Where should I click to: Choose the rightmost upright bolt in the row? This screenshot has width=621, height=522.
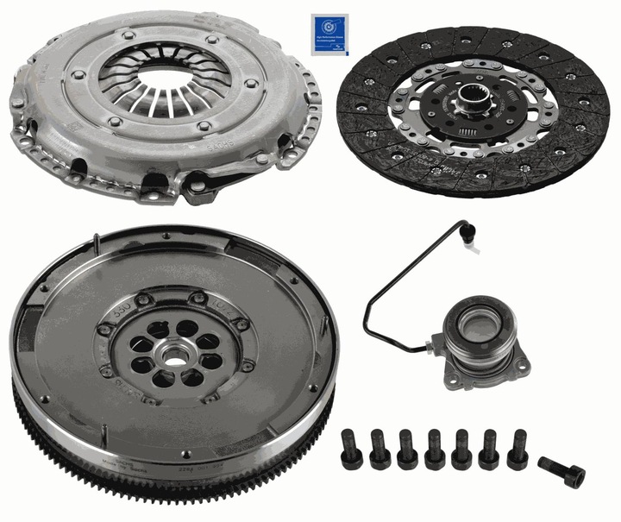pyautogui.click(x=518, y=448)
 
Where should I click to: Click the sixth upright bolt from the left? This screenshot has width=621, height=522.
pyautogui.click(x=491, y=448)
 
